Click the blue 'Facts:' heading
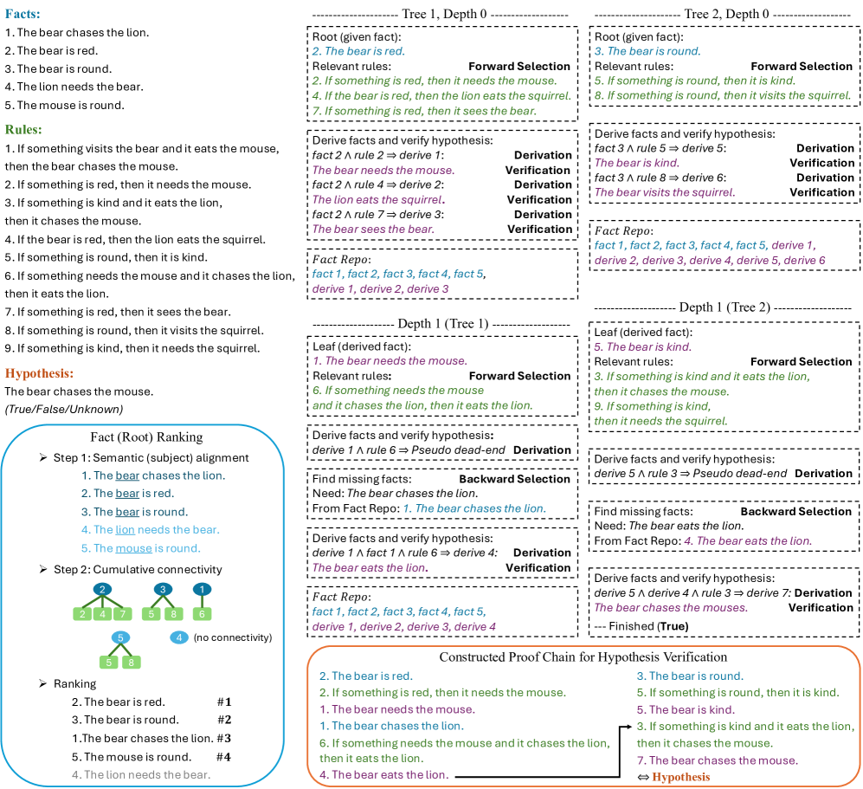(x=23, y=15)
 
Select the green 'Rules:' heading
(x=23, y=129)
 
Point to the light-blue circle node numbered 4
(x=178, y=637)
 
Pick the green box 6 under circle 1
(x=202, y=613)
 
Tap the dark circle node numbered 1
(x=202, y=590)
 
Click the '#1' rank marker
(x=224, y=702)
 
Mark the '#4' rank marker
(x=224, y=756)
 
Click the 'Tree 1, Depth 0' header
(x=441, y=15)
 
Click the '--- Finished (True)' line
(x=639, y=624)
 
